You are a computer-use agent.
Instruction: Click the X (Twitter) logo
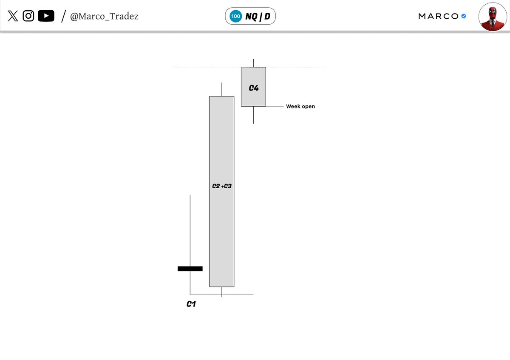(x=13, y=16)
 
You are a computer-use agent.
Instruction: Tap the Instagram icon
(x=28, y=16)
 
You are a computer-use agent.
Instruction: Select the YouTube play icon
(x=46, y=16)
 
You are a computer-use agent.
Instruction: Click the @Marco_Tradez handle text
(x=104, y=17)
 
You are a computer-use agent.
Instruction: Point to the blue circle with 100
(x=235, y=16)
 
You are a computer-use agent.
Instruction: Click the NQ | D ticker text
(x=258, y=17)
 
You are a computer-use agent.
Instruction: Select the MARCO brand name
(x=438, y=16)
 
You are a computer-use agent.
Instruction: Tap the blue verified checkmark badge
(x=464, y=16)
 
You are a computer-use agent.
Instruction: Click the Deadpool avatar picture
(x=493, y=17)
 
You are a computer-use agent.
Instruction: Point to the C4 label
(x=254, y=88)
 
